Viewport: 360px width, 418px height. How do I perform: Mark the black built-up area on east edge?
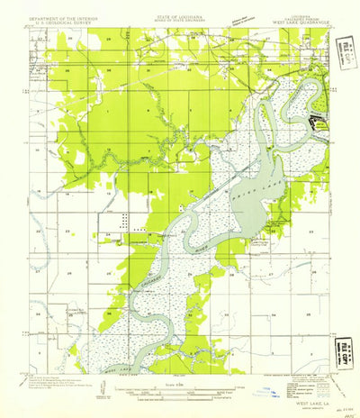pos(314,121)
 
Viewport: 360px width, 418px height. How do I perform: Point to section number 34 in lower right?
pos(274,316)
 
